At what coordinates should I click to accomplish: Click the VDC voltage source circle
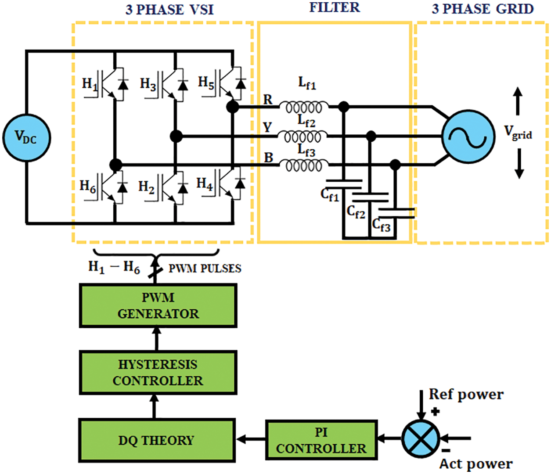[26, 138]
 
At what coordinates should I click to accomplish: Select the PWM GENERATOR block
[158, 306]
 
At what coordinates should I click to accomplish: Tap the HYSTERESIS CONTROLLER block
[158, 373]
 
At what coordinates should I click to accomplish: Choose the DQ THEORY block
[157, 440]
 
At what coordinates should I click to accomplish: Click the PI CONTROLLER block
[321, 440]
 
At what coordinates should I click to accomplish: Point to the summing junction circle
[421, 438]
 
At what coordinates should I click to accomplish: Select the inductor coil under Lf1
[304, 107]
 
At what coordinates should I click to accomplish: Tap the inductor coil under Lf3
[304, 166]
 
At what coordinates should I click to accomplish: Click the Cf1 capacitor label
[330, 194]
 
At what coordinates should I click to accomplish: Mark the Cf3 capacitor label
[381, 225]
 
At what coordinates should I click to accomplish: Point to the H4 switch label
[204, 184]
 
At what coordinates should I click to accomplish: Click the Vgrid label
[518, 132]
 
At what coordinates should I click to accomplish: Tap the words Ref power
[466, 394]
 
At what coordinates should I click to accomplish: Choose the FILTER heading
[335, 7]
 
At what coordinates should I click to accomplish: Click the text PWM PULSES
[205, 269]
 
